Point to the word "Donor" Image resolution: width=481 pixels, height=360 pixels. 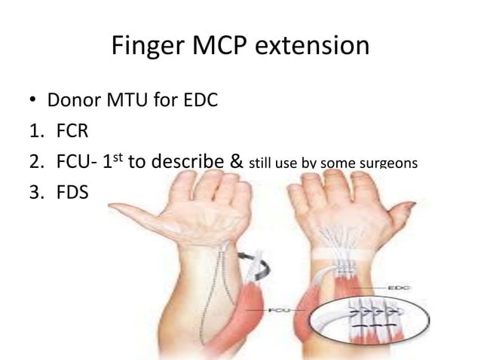[76, 99]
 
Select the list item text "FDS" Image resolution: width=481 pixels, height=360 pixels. [72, 193]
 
